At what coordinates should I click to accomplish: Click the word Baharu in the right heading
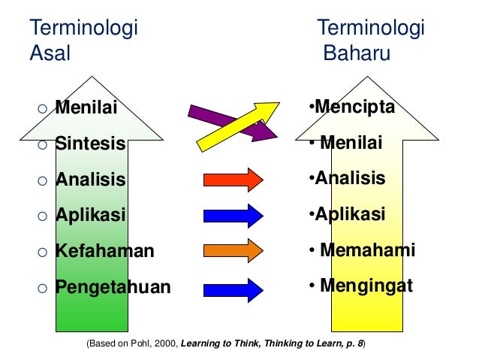(x=357, y=53)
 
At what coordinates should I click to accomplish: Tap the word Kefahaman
(x=104, y=251)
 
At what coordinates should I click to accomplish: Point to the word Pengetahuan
(x=113, y=287)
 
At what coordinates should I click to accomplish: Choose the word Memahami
(x=367, y=250)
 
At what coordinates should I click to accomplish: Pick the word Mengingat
(x=366, y=286)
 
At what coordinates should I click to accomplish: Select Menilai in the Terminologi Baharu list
(x=351, y=143)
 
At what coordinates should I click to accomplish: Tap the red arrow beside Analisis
(x=233, y=180)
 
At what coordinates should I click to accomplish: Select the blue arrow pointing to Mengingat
(x=233, y=287)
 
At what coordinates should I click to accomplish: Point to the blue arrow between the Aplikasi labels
(x=233, y=216)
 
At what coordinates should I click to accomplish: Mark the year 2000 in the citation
(x=170, y=343)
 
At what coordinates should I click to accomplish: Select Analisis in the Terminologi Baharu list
(x=350, y=179)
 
